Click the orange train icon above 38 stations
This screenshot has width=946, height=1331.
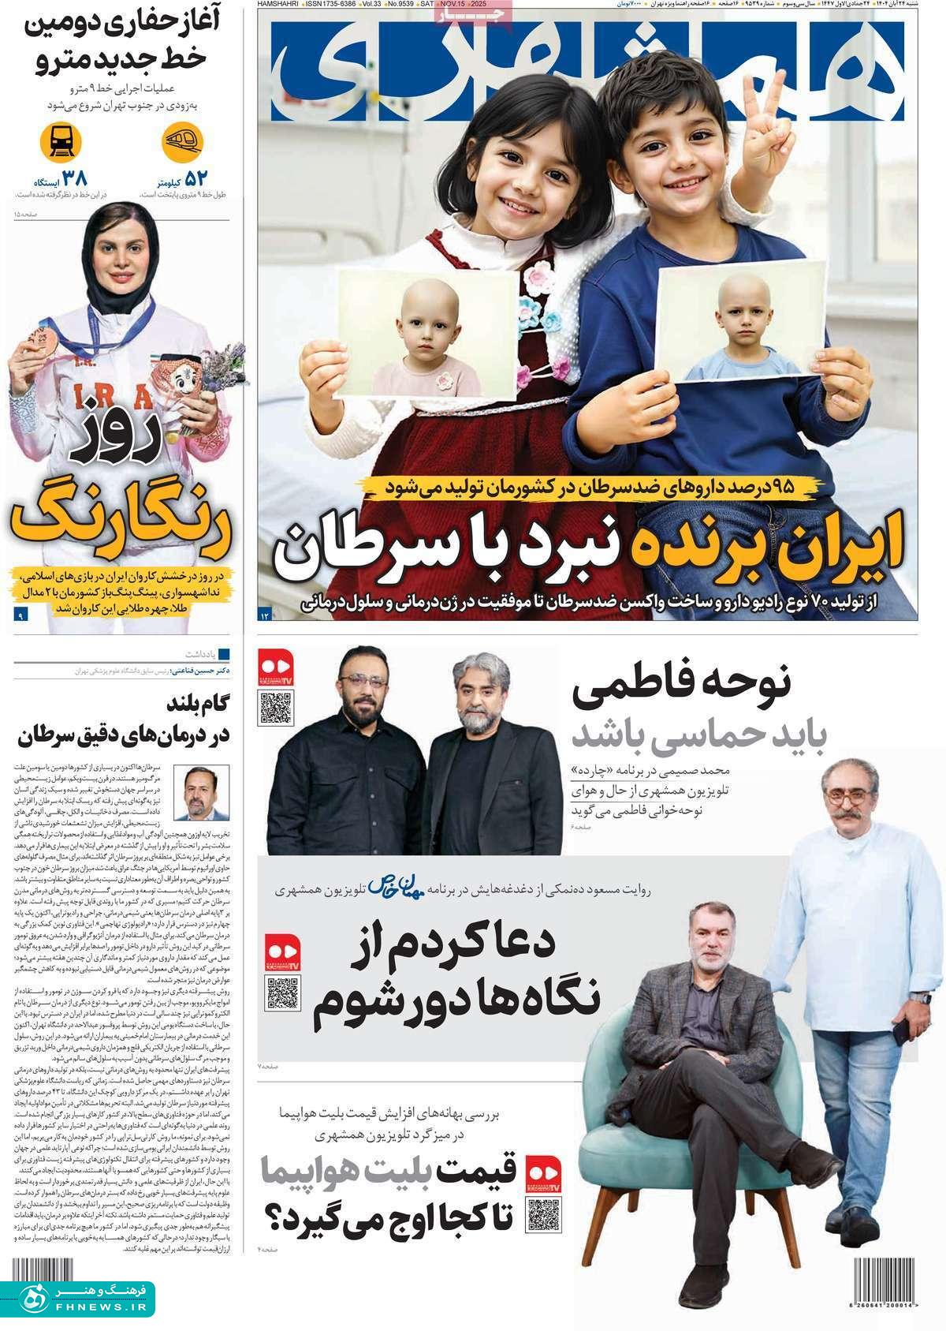point(61,143)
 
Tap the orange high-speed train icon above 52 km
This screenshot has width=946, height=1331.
point(182,143)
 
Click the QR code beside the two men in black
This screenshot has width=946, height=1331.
point(276,707)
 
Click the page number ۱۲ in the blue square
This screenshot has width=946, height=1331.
point(265,614)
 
